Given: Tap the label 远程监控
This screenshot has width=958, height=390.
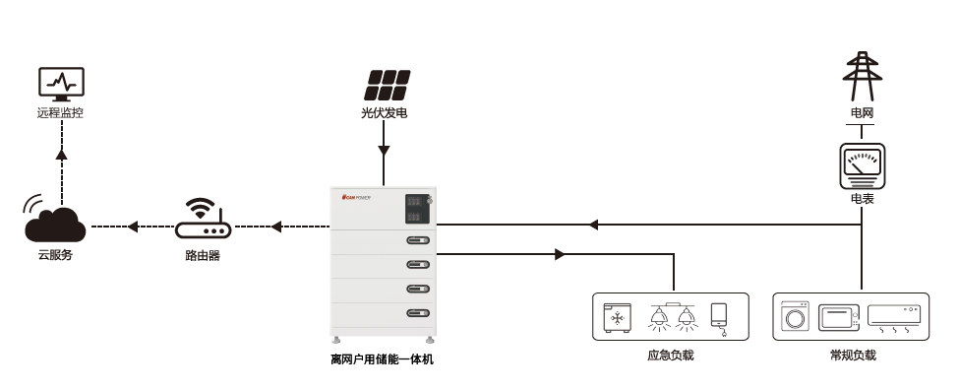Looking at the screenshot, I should (61, 112).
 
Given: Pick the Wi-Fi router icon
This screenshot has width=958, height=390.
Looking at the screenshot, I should (203, 221).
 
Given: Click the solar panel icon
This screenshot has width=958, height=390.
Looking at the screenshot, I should (385, 84).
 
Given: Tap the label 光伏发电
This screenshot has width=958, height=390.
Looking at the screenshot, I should (385, 113).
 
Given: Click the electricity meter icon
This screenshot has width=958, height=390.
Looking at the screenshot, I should (862, 164).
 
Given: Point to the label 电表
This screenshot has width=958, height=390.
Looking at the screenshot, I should (862, 199).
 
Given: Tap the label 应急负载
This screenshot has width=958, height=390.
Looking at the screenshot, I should (671, 355).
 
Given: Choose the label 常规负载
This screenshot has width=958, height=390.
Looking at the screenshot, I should (852, 355).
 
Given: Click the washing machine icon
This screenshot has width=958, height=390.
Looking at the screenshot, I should (794, 317).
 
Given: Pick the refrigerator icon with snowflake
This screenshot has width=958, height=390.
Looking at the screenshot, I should (618, 317).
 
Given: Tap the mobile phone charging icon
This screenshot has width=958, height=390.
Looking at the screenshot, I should (721, 317).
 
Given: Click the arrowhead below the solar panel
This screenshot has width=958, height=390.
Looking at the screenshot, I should (385, 152).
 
